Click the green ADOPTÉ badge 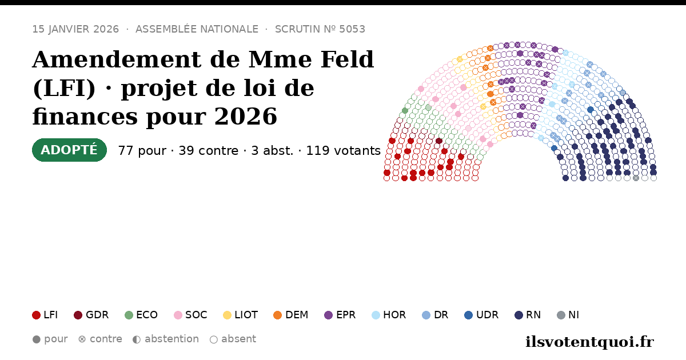(69, 150)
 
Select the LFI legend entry (45, 315)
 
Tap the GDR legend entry (91, 315)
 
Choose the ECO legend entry (141, 315)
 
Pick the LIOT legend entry (241, 315)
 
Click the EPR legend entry (340, 315)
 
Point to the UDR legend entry (481, 315)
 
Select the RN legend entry (528, 315)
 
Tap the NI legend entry (568, 315)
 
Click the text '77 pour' (142, 151)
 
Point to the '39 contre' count (208, 151)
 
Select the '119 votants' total (344, 151)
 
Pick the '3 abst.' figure (272, 151)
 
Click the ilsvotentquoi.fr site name (589, 342)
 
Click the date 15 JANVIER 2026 (75, 29)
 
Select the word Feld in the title (348, 59)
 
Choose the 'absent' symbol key (233, 339)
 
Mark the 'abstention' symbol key (166, 339)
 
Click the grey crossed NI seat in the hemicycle (636, 178)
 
